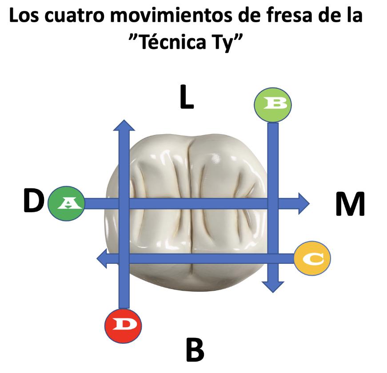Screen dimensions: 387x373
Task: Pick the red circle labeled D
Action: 124,325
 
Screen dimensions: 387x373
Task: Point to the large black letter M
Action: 350,204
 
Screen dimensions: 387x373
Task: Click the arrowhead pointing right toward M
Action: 303,204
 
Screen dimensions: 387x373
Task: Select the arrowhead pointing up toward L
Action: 124,126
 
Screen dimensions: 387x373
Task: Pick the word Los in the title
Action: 24,17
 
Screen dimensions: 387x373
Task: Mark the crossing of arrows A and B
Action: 273,204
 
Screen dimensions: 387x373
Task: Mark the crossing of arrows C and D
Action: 124,258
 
